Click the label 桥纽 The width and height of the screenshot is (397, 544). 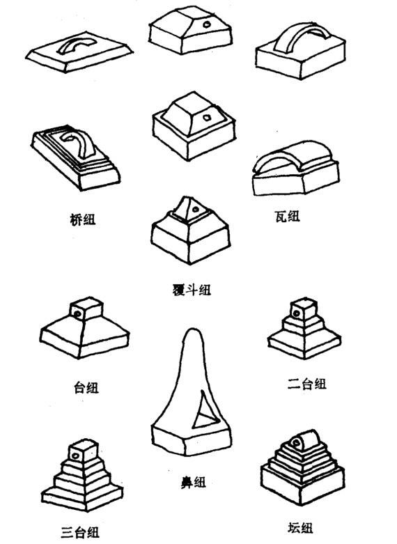82,219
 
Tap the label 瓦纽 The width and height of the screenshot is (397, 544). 287,217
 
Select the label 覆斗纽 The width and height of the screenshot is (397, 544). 192,289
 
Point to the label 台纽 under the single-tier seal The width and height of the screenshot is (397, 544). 86,387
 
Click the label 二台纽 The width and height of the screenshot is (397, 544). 307,384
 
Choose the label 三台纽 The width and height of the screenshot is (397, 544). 80,532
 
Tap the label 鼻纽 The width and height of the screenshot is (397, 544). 194,482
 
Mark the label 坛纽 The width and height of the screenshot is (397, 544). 300,528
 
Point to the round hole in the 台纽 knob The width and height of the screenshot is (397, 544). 77,314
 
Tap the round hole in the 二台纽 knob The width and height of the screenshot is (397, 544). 296,313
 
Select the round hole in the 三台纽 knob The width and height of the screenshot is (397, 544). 75,456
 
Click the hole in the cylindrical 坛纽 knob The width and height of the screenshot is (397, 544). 296,443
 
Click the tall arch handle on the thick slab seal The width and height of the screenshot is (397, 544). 302,35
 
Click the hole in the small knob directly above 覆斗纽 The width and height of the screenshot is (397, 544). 196,209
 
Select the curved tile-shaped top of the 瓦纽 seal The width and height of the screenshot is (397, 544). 295,156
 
